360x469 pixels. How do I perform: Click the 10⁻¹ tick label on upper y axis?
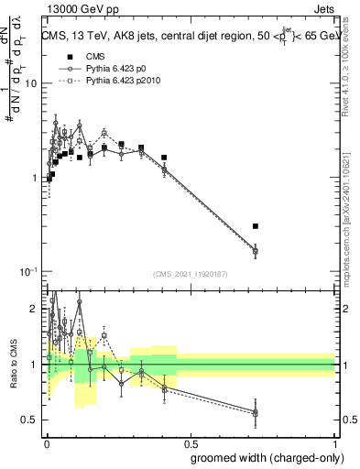point(28,272)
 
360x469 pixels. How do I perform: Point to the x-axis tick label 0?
point(45,442)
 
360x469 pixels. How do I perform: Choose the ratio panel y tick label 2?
point(35,310)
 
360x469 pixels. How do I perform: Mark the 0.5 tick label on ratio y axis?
point(32,420)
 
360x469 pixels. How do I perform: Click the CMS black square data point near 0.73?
point(256,225)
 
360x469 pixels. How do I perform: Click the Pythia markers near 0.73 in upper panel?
point(256,250)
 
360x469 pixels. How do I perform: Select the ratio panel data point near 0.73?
point(256,413)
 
